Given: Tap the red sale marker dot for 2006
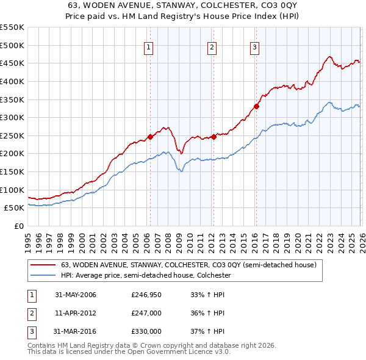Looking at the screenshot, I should point(150,137).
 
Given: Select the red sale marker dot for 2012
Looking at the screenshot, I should point(213,137).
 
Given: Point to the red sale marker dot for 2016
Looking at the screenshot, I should point(256,106).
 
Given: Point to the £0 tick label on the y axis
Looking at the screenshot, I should point(18,226).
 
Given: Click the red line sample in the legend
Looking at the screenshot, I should point(43,265).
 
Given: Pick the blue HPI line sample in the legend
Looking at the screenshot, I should point(43,276).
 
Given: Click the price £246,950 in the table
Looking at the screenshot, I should point(146,295).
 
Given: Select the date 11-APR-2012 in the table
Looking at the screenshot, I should point(76,313).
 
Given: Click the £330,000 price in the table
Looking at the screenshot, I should point(146,331).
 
